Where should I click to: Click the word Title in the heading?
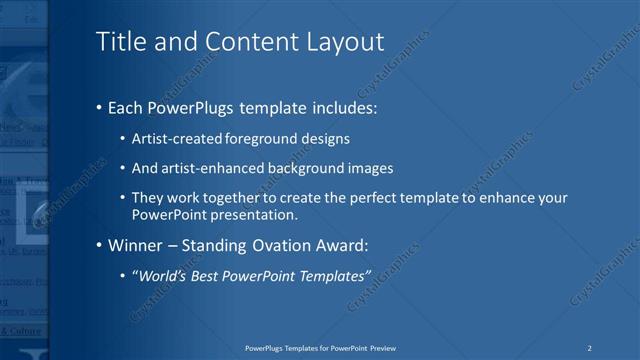pos(117,42)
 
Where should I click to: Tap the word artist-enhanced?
pos(206,168)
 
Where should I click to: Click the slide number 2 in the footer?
pos(590,347)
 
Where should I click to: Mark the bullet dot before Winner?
pos(98,245)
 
